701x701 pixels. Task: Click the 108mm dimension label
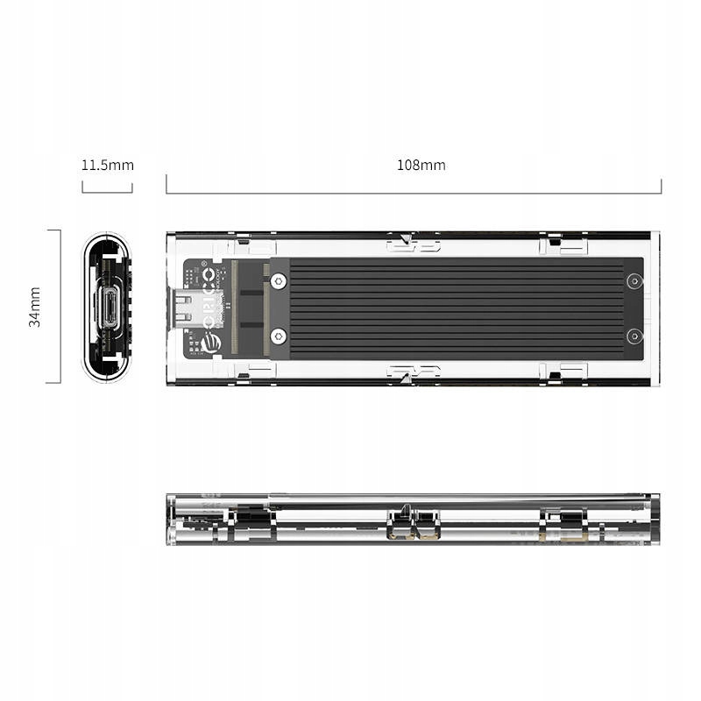(421, 165)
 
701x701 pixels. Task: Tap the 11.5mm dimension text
(107, 165)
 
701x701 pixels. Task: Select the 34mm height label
(35, 306)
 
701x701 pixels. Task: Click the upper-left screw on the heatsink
(278, 281)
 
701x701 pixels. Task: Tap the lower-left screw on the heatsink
(278, 335)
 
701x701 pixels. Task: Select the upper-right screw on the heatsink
(634, 281)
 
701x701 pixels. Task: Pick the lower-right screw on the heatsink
(634, 335)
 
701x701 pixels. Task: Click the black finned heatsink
(456, 308)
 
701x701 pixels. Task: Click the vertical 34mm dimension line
(60, 306)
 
